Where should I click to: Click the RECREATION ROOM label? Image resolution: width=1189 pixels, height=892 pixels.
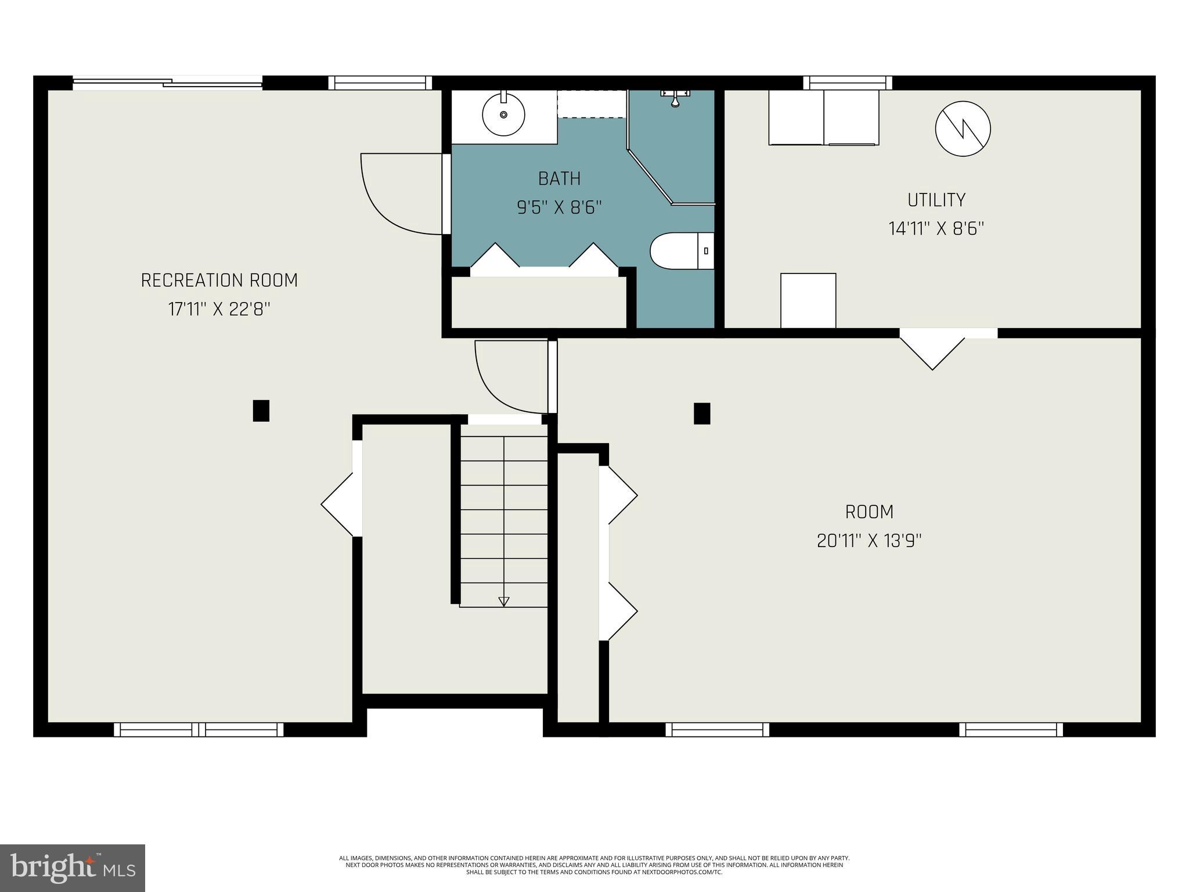[219, 280]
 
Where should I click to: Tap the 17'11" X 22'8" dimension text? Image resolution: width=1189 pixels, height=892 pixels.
[219, 310]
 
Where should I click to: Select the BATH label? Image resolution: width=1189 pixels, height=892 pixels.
[559, 179]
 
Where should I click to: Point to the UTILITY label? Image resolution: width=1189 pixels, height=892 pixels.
[936, 200]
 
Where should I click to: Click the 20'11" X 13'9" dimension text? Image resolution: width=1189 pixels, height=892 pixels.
[869, 541]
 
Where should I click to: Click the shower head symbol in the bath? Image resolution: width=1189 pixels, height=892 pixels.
[675, 99]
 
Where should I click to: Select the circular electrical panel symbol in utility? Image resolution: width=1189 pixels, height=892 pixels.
[963, 128]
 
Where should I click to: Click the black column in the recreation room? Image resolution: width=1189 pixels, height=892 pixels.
[261, 411]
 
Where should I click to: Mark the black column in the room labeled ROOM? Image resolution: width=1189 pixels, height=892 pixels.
[702, 413]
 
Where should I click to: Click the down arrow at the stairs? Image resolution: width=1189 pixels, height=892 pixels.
[504, 601]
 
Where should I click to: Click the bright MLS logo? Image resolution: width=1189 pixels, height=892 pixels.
[73, 868]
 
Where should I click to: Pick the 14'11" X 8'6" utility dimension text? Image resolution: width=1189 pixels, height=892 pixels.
[936, 229]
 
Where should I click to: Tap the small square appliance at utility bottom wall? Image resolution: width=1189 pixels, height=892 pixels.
[808, 301]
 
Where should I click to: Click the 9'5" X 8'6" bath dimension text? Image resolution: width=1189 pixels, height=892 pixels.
[559, 208]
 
